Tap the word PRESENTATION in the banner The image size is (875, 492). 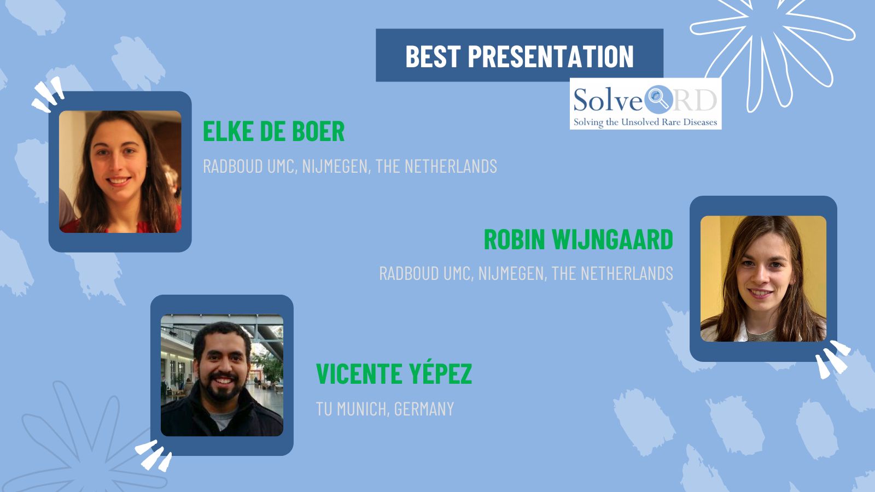click(551, 56)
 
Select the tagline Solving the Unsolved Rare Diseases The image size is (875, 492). click(645, 122)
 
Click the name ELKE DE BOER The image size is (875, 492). click(273, 131)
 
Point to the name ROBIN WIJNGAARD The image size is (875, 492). click(579, 239)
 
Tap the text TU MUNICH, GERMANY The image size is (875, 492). click(385, 409)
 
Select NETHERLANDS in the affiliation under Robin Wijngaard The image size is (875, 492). click(627, 273)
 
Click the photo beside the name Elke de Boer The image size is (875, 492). click(120, 172)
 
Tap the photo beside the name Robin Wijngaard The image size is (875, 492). click(763, 279)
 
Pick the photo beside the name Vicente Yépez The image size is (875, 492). click(222, 375)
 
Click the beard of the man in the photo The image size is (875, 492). click(222, 390)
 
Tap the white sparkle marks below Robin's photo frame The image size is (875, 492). click(833, 359)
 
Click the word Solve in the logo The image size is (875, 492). click(608, 100)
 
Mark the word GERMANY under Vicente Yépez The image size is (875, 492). click(424, 409)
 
